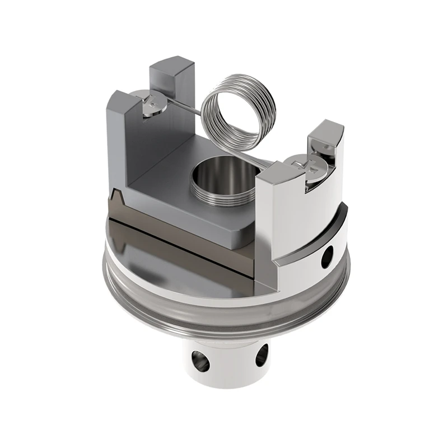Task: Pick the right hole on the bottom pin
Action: click(262, 355)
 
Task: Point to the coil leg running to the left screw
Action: click(179, 108)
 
